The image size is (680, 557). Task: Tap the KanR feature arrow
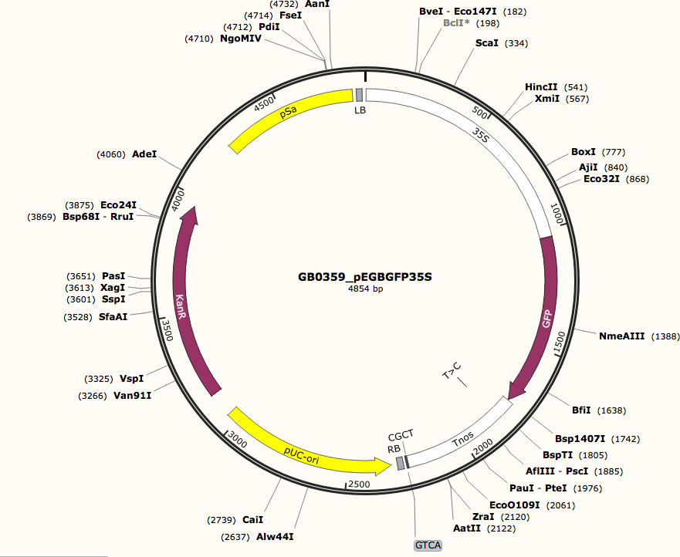pos(182,301)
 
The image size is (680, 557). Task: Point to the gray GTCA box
pos(428,545)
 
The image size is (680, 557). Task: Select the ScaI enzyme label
pos(487,43)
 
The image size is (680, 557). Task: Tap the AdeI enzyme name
pos(144,154)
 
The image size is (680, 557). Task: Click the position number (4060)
pos(110,154)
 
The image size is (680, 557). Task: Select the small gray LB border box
pos(359,95)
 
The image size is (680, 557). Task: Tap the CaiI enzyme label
pos(253,519)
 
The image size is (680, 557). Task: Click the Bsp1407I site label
pos(581,439)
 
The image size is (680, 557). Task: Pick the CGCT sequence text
pos(401,434)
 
